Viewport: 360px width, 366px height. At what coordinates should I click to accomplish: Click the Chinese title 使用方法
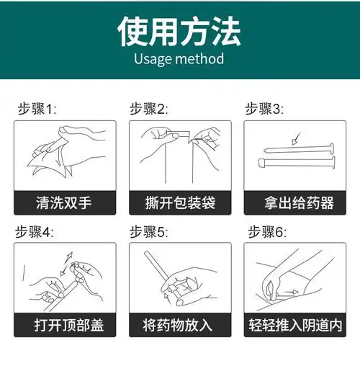pyautogui.click(x=179, y=31)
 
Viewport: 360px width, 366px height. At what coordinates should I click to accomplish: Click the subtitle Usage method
pyautogui.click(x=179, y=58)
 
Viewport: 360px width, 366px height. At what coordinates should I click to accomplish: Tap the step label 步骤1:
pyautogui.click(x=37, y=109)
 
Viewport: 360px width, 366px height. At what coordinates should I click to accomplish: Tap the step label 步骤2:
pyautogui.click(x=149, y=109)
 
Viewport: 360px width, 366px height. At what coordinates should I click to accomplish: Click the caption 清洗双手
pyautogui.click(x=65, y=202)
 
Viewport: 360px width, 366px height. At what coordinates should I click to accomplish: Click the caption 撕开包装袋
pyautogui.click(x=179, y=202)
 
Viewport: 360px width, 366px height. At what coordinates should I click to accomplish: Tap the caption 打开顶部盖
pyautogui.click(x=65, y=325)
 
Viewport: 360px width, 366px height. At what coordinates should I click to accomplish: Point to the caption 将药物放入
pyautogui.click(x=179, y=325)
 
